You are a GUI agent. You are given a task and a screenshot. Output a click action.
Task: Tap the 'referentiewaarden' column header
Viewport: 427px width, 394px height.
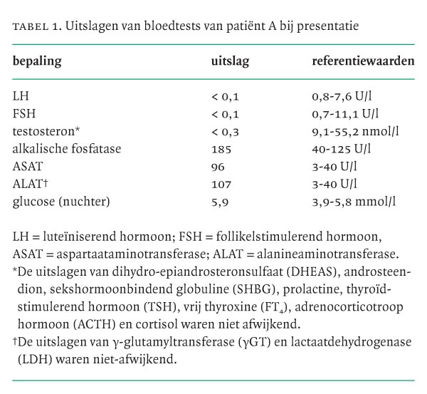[x=363, y=62]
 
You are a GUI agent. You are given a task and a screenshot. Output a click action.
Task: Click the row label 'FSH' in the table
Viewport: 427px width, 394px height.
[x=23, y=113]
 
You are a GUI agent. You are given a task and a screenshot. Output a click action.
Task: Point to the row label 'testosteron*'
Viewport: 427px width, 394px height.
[x=44, y=131]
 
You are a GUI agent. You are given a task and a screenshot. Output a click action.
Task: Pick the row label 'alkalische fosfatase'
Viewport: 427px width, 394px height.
[x=67, y=149]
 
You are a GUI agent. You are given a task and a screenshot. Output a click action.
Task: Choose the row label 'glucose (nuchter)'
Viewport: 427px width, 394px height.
[x=61, y=202]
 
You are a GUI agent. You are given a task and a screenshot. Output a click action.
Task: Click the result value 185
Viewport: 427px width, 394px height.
[x=222, y=149]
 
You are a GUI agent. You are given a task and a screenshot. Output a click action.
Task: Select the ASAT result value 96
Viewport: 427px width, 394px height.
[x=218, y=167]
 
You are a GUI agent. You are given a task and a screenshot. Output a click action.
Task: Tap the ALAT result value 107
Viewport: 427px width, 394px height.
[x=221, y=184]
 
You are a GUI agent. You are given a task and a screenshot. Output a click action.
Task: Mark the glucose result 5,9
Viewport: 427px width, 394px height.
[x=220, y=202]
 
